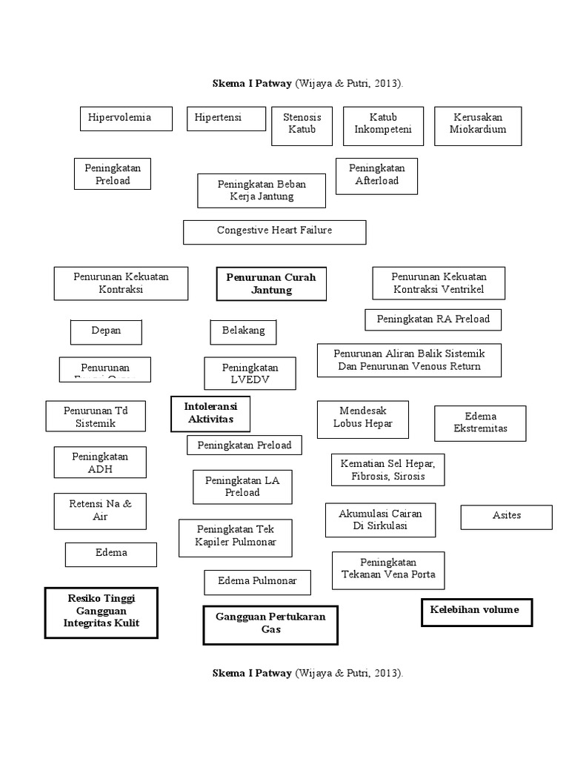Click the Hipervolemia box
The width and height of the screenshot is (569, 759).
click(126, 119)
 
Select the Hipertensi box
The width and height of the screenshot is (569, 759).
click(224, 119)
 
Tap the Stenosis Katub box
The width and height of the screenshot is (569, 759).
click(302, 125)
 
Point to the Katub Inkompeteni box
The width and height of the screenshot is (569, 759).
click(383, 125)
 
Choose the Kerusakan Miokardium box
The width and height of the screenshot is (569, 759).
click(478, 125)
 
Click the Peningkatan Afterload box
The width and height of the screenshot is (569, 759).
click(376, 176)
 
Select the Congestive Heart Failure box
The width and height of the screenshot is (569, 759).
click(274, 231)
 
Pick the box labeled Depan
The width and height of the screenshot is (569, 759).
click(106, 331)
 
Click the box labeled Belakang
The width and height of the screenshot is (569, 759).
click(243, 331)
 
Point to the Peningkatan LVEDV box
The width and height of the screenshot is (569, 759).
click(250, 374)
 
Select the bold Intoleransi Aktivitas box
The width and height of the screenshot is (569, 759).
click(210, 414)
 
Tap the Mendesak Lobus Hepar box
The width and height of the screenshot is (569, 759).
click(363, 419)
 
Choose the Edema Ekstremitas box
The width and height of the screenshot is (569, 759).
click(480, 423)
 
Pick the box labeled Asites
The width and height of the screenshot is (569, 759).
click(506, 517)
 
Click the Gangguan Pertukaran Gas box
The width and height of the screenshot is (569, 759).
click(270, 624)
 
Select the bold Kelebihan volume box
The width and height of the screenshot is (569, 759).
click(476, 612)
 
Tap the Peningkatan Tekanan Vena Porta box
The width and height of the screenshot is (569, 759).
click(388, 569)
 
